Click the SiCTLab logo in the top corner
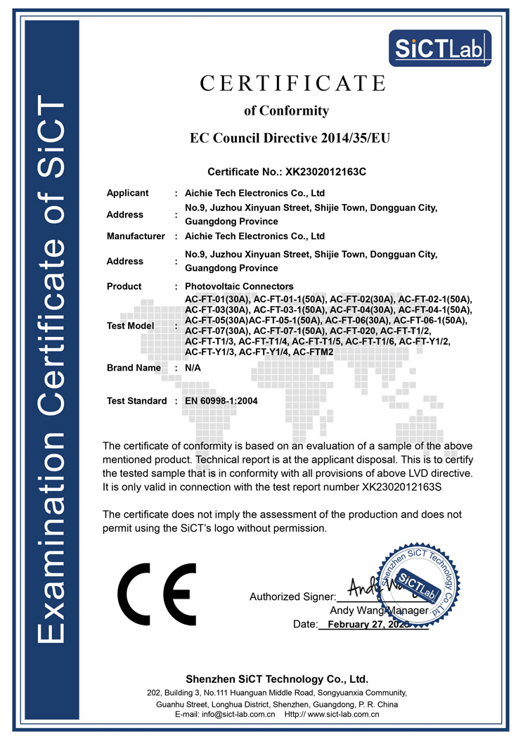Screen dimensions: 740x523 pyautogui.click(x=440, y=48)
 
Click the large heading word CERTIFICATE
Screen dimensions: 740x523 pyautogui.click(x=292, y=83)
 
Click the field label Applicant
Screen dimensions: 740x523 pyautogui.click(x=127, y=193)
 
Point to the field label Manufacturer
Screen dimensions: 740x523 pyautogui.click(x=136, y=236)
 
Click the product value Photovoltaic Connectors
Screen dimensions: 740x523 pyautogui.click(x=239, y=286)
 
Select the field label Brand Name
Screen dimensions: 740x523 pyautogui.click(x=134, y=368)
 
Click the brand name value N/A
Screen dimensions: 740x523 pyautogui.click(x=193, y=368)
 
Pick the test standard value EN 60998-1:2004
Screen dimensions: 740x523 pyautogui.click(x=221, y=401)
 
